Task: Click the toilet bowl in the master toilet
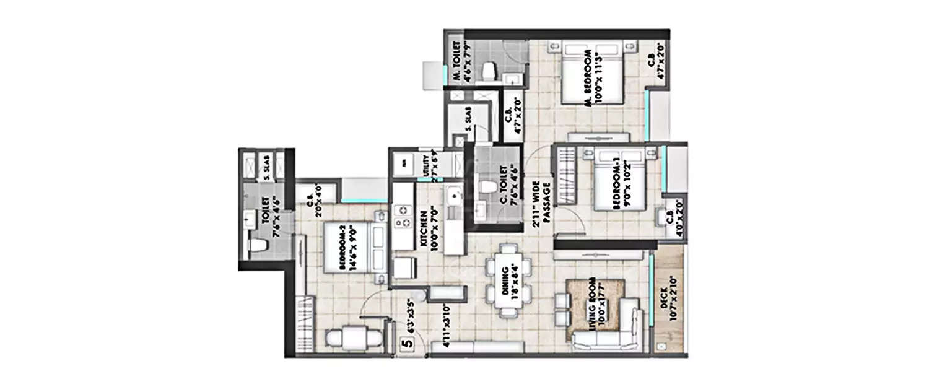(489, 71)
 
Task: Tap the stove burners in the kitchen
(403, 216)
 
